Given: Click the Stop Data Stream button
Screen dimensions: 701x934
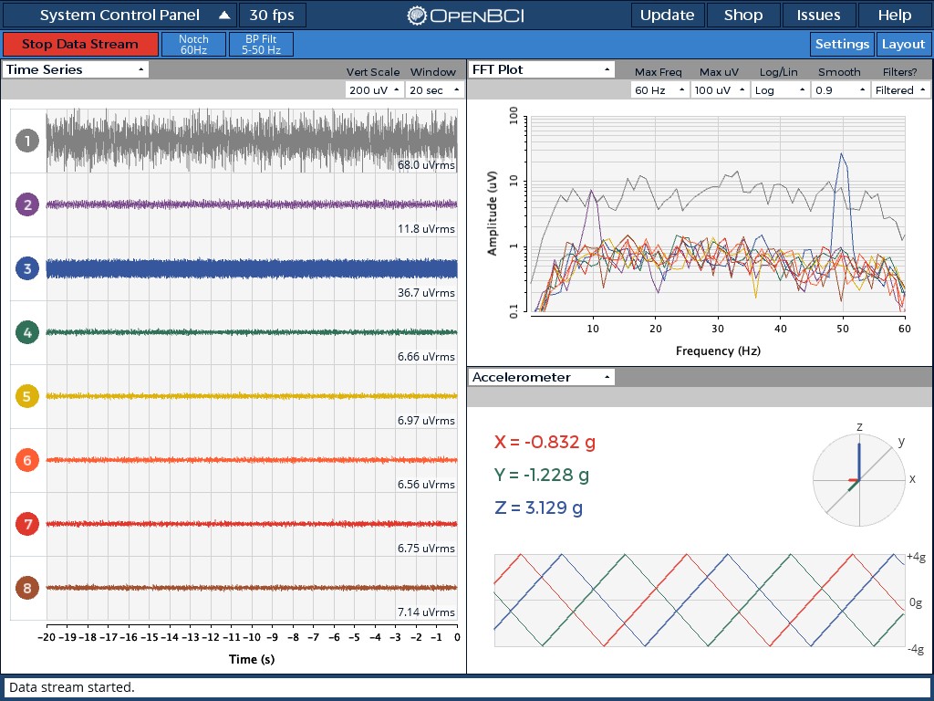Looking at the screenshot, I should tap(80, 44).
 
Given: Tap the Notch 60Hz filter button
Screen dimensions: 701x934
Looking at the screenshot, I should tap(193, 45).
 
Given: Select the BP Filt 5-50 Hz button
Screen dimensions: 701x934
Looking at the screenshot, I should tap(262, 45).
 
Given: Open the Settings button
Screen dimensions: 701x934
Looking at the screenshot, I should tap(842, 44).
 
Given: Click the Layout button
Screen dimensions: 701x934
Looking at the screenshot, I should tap(903, 44).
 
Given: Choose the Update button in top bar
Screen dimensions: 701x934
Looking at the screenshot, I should tap(667, 16).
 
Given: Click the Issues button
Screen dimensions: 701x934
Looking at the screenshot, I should tap(818, 16).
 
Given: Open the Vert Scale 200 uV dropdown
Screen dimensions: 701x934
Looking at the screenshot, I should tap(373, 89).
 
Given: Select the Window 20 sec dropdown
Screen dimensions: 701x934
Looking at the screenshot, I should tap(435, 89).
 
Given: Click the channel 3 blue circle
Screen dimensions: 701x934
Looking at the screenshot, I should tap(27, 268).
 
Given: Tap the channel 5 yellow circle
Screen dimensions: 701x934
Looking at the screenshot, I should tap(27, 396).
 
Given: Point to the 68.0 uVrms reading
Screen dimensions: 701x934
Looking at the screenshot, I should tap(426, 165).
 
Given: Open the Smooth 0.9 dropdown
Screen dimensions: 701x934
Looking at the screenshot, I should tap(838, 89).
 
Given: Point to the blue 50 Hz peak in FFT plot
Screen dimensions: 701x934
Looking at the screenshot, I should tap(842, 154).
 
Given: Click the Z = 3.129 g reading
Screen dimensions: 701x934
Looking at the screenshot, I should tap(539, 507).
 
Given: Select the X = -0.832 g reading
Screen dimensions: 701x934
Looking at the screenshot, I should tap(545, 442).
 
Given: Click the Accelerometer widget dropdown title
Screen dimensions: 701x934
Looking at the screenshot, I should tap(541, 377).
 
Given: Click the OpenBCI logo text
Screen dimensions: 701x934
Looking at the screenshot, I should tap(466, 16).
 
